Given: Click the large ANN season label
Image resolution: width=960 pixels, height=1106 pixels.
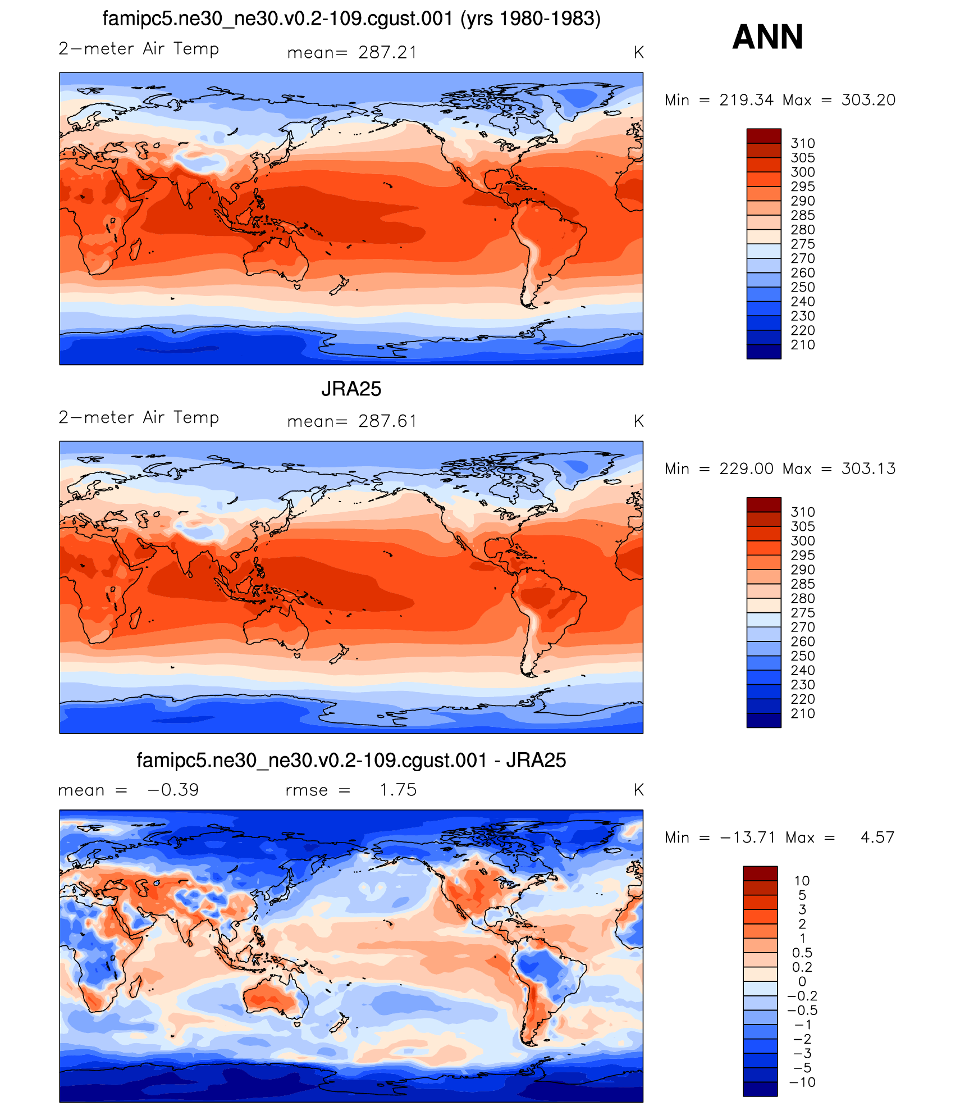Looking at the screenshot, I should click(x=767, y=37).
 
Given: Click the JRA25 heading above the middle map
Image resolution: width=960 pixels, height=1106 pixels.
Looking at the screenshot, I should click(x=351, y=389).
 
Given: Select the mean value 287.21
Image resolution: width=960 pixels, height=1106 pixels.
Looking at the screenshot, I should click(x=387, y=53).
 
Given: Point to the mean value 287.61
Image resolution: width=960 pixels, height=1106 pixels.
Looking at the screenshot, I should click(x=387, y=421).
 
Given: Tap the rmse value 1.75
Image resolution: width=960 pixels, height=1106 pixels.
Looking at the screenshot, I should click(x=397, y=790).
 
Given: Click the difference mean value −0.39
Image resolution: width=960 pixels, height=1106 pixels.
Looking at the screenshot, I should click(x=173, y=790).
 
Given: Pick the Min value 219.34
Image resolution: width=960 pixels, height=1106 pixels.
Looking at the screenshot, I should click(x=746, y=100).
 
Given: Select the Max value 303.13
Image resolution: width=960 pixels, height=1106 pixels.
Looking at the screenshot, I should click(x=868, y=468).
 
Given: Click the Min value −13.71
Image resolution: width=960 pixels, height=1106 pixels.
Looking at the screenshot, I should click(x=747, y=838).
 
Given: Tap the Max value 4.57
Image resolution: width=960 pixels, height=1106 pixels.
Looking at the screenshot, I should click(x=877, y=838).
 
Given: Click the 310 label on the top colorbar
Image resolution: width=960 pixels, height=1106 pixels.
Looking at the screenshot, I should click(x=802, y=143).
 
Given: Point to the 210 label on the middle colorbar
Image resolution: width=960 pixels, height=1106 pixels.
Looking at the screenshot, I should click(x=802, y=713).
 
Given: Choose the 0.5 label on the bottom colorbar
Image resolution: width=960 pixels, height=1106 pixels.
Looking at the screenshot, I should click(x=802, y=953).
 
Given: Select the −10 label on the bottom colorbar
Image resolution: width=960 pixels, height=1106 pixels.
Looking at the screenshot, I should click(x=802, y=1082).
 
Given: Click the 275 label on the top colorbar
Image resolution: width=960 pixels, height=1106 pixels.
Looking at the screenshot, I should click(x=802, y=244).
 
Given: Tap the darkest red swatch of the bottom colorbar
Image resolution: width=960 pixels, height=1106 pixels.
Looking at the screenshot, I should click(x=760, y=873).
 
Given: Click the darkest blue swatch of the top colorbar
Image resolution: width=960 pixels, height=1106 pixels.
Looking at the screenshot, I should click(x=764, y=352).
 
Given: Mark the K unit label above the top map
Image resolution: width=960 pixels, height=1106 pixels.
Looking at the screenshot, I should click(x=638, y=53).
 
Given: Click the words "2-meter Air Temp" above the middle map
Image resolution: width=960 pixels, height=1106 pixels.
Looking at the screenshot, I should click(x=139, y=418).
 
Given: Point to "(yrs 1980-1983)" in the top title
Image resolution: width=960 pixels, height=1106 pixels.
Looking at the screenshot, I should click(x=531, y=19).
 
